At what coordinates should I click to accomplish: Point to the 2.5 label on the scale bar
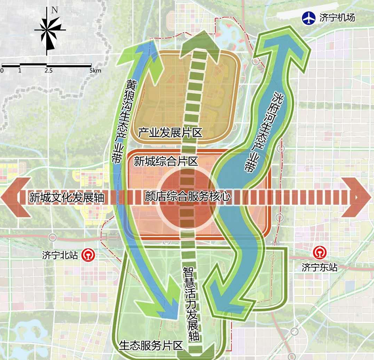48,70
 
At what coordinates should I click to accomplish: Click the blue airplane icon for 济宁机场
309,18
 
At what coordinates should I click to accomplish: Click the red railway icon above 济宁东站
319,252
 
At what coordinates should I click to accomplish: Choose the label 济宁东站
319,268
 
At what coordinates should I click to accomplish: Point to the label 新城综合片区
166,161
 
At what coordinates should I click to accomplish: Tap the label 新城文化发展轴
66,198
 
